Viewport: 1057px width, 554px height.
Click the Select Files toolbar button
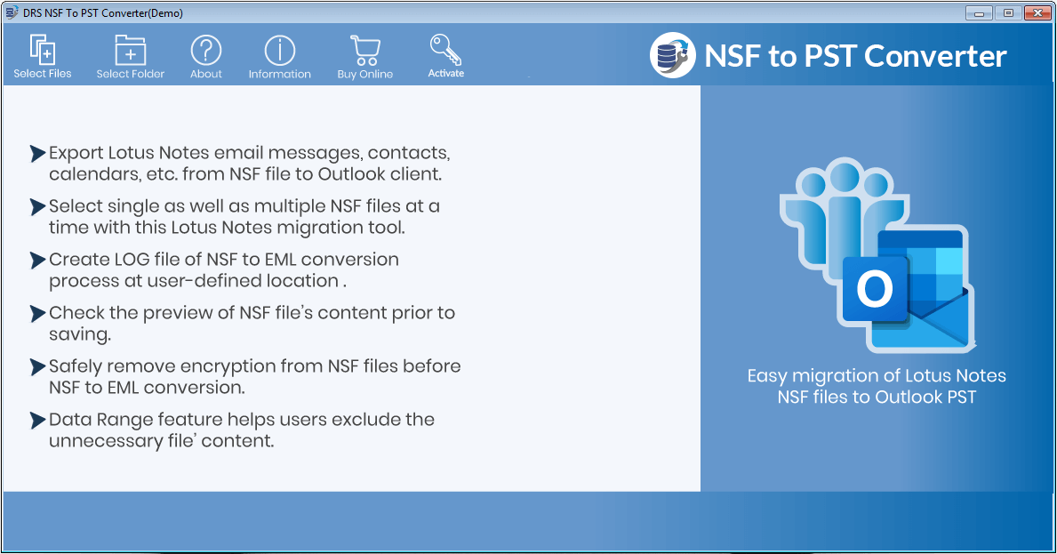[43, 56]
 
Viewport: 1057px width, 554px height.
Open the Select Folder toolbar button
[131, 56]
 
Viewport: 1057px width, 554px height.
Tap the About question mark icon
[206, 56]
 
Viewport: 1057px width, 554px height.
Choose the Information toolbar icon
[280, 56]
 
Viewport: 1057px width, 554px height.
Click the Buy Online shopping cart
[364, 56]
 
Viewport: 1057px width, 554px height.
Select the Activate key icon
[445, 55]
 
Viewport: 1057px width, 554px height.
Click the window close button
[1037, 12]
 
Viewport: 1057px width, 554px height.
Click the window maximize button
[1008, 12]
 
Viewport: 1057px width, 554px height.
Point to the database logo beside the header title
[672, 55]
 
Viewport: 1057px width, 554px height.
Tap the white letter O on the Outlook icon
[875, 289]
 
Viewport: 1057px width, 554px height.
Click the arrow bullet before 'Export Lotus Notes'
[37, 153]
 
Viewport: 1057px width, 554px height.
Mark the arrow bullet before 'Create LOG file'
[37, 260]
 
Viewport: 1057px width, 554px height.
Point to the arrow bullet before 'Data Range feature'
[37, 420]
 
